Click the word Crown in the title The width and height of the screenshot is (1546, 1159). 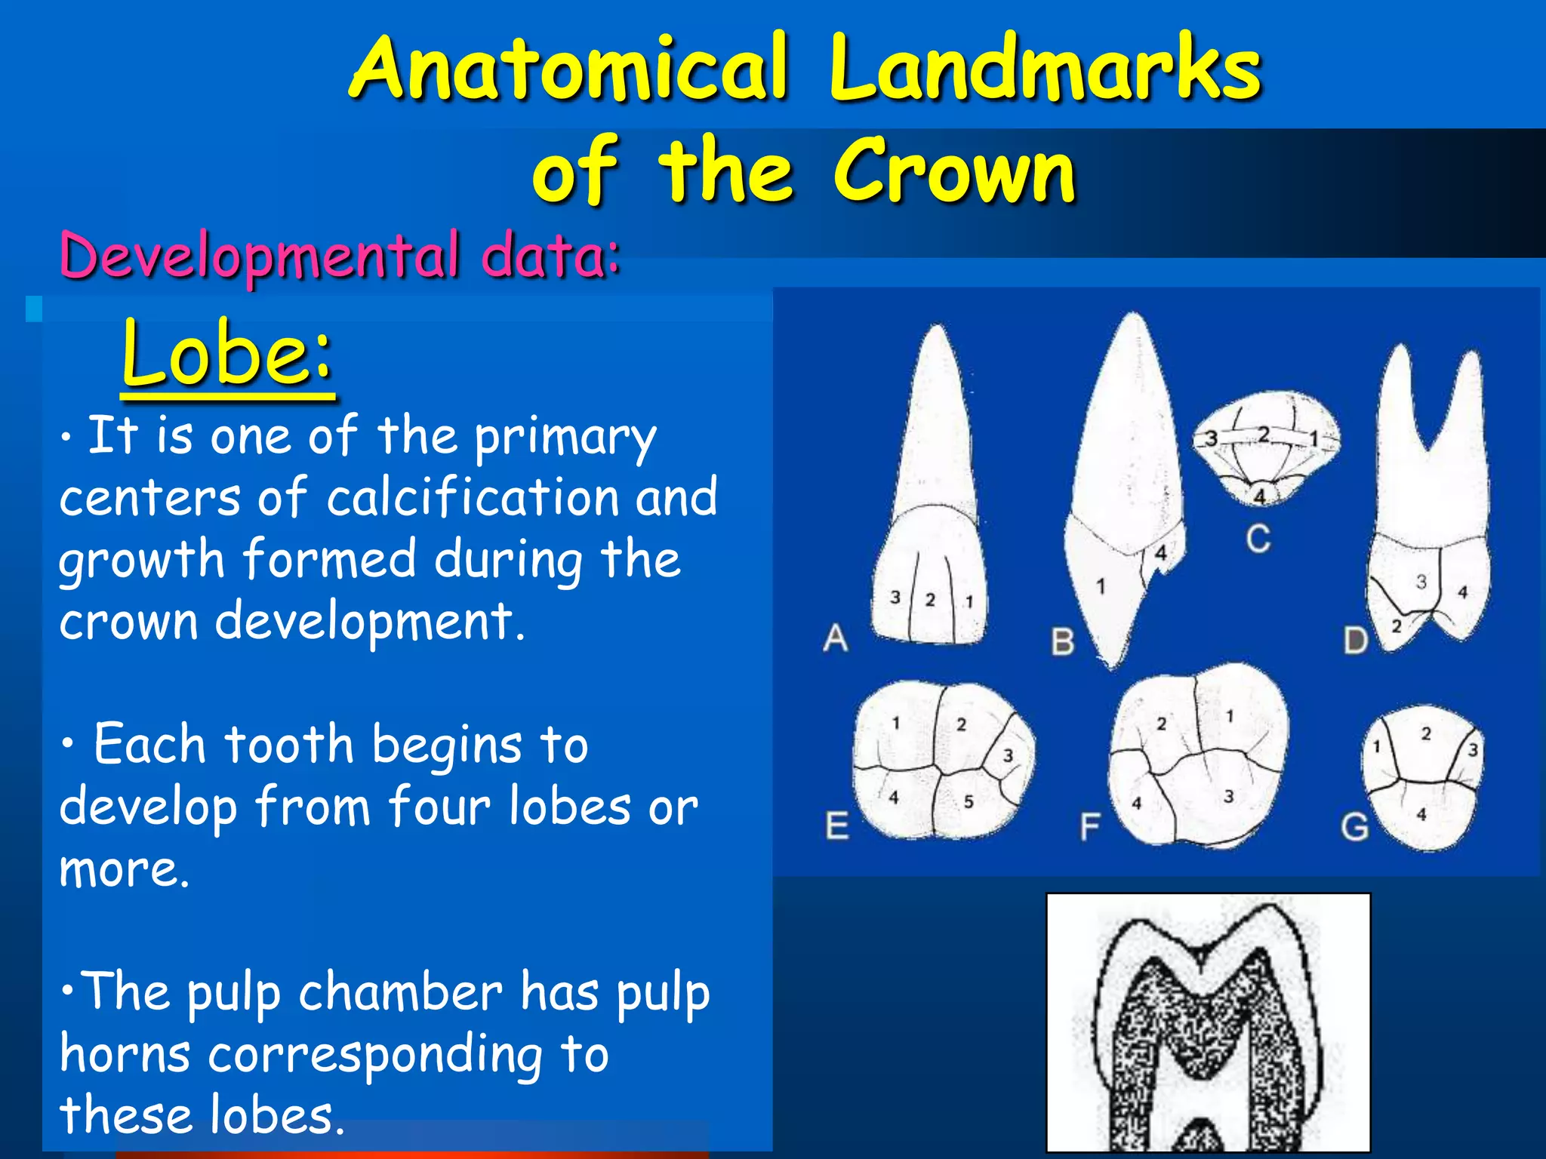954,172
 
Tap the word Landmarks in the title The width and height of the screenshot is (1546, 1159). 1045,69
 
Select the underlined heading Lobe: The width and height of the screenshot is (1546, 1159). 226,353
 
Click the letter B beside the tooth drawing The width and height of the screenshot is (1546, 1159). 1062,642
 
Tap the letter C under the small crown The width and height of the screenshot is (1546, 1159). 1258,539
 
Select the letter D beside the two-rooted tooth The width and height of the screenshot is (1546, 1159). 1356,641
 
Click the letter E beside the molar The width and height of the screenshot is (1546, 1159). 836,825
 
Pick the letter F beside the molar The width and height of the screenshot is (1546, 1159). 1089,827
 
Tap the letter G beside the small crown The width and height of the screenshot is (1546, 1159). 1355,827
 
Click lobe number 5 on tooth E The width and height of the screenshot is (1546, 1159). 969,801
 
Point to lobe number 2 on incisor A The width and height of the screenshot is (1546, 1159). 930,600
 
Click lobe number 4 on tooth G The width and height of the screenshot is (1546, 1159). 1421,814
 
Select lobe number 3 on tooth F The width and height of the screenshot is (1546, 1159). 1228,795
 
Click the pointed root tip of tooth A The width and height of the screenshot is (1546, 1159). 938,330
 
